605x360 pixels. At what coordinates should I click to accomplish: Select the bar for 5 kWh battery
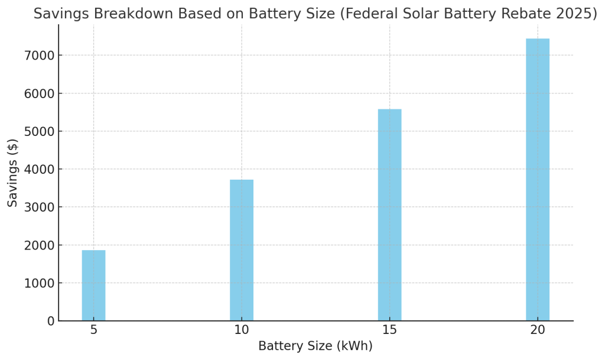coord(93,286)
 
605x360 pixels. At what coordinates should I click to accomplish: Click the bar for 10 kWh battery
coord(242,250)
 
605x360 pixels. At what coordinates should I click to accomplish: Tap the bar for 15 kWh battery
coord(389,215)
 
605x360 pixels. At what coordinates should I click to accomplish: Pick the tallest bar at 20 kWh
coord(538,180)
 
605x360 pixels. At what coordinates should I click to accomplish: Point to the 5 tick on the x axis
coord(93,330)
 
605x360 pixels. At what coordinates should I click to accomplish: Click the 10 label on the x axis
coord(242,330)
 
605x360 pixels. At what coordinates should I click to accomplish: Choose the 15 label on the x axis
coord(389,330)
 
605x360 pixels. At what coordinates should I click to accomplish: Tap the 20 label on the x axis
coord(538,330)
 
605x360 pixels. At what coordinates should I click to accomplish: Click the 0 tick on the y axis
coord(50,321)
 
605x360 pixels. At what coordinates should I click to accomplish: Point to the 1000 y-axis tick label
coord(39,283)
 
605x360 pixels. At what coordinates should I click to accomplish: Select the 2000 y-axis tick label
coord(39,245)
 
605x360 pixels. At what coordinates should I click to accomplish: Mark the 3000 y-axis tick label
coord(39,207)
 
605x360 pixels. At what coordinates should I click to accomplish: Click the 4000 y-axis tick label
coord(39,169)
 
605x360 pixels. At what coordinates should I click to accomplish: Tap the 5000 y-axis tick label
coord(39,131)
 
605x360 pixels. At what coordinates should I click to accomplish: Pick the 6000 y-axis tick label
coord(39,93)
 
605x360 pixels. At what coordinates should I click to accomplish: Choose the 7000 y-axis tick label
coord(39,56)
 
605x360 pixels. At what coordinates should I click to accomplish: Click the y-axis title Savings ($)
coord(13,173)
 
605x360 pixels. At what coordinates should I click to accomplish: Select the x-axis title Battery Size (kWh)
coord(315,346)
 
